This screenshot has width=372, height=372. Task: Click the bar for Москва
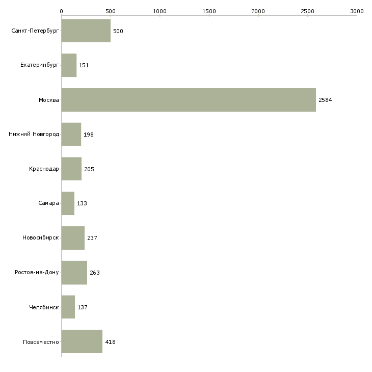tap(189, 100)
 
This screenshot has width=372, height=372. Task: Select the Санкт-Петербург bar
tap(86, 31)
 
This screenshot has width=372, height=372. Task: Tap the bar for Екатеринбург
tap(69, 65)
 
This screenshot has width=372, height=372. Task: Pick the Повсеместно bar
tap(82, 342)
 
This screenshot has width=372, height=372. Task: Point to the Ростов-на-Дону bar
tap(74, 273)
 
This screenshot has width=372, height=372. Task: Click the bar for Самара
tap(68, 203)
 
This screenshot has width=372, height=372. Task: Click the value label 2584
tap(325, 100)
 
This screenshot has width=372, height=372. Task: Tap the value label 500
tap(118, 31)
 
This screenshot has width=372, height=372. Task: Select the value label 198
tap(89, 135)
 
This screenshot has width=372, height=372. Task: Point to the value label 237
tap(92, 238)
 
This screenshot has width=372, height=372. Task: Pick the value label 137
tap(83, 307)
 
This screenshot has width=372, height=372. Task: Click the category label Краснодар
tap(44, 169)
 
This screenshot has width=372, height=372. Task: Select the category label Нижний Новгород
tap(34, 135)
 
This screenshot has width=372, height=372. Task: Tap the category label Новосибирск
tap(40, 238)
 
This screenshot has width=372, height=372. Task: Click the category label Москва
tap(49, 100)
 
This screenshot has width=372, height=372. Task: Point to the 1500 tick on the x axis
tap(209, 11)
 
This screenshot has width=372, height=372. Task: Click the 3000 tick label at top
tap(357, 11)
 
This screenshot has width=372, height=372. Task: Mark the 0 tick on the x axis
tap(61, 11)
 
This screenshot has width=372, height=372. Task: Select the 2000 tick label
tap(258, 11)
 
